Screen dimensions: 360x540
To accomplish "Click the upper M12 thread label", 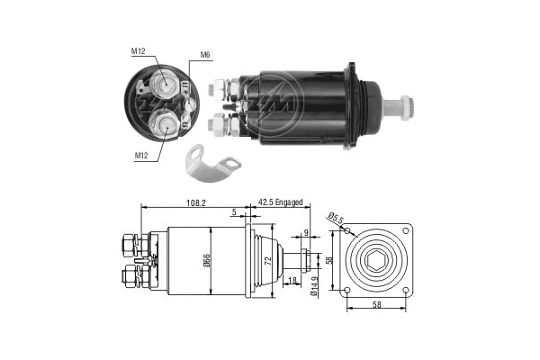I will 138,51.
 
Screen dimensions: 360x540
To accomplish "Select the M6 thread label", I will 205,56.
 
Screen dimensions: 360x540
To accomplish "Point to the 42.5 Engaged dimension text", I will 281,203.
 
